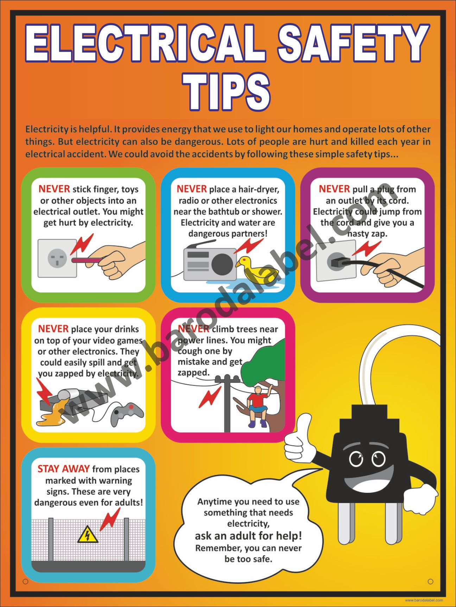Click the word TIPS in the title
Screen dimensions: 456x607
pyautogui.click(x=226, y=92)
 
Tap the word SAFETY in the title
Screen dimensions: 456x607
pyautogui.click(x=353, y=44)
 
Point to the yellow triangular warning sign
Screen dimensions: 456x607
pyautogui.click(x=87, y=534)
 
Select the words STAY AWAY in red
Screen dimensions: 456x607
pyautogui.click(x=64, y=469)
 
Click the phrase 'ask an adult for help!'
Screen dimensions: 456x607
pyautogui.click(x=248, y=536)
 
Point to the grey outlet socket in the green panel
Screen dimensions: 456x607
pyautogui.click(x=57, y=258)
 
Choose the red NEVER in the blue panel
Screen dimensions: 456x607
pyautogui.click(x=192, y=189)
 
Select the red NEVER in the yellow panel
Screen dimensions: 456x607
pyautogui.click(x=53, y=329)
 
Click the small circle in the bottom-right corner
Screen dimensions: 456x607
pyautogui.click(x=430, y=582)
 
